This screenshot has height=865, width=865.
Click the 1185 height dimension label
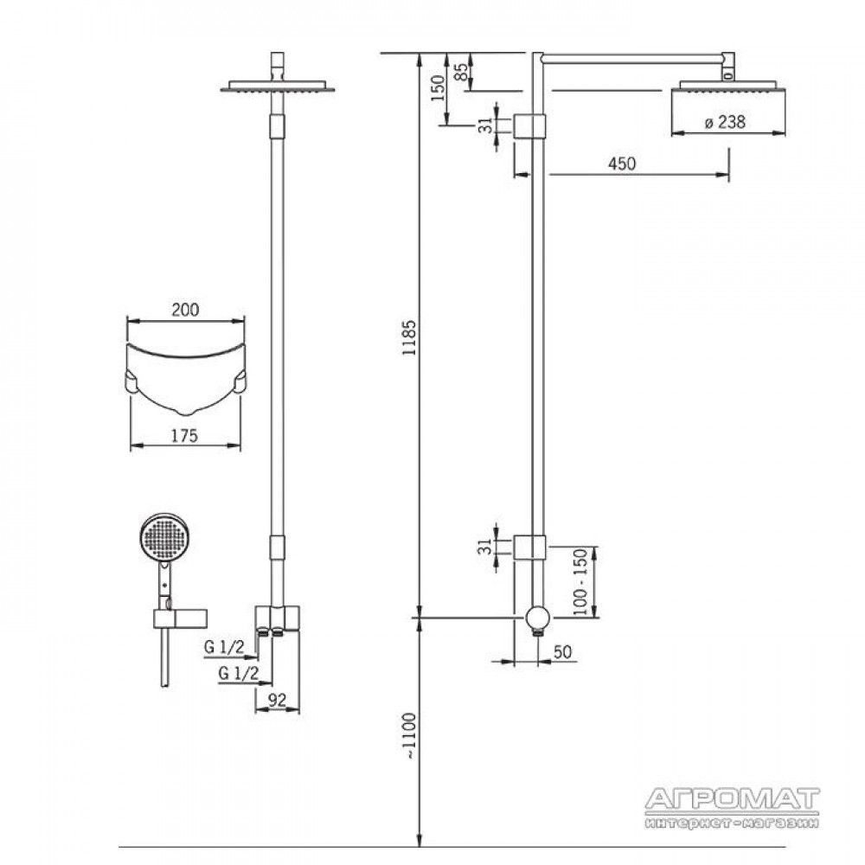click(x=409, y=337)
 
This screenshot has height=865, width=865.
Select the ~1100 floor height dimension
click(x=409, y=736)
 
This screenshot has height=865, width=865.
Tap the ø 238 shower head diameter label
click(x=725, y=122)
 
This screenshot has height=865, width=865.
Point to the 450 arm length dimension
click(x=622, y=163)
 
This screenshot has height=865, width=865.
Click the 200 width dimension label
click(x=185, y=310)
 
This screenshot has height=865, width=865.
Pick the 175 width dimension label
click(x=184, y=436)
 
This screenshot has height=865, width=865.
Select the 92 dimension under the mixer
click(x=277, y=700)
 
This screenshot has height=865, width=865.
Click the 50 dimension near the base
click(x=562, y=651)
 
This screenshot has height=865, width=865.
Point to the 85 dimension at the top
click(x=461, y=72)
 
